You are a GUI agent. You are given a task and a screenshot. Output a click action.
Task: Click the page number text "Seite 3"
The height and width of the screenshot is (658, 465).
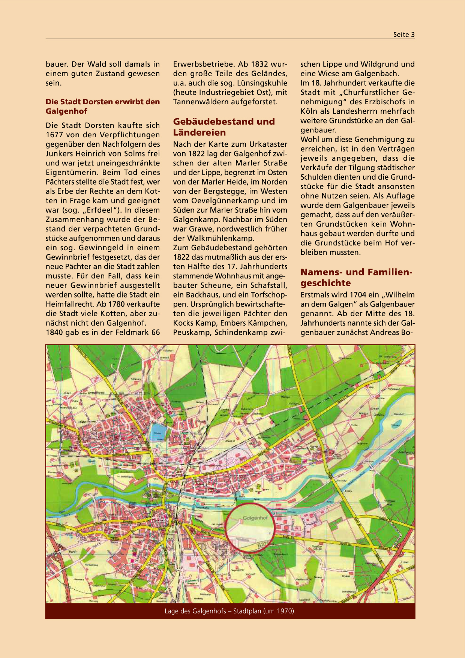(404, 35)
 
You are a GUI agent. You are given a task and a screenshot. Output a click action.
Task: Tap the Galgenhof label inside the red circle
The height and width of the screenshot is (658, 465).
(255, 518)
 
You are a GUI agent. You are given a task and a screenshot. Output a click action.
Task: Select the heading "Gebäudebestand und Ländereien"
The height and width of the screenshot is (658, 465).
(223, 127)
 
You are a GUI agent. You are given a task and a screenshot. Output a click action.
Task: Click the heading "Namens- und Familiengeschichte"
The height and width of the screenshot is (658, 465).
(356, 277)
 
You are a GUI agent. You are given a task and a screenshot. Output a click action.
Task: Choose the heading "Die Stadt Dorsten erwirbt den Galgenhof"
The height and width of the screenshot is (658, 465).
(102, 106)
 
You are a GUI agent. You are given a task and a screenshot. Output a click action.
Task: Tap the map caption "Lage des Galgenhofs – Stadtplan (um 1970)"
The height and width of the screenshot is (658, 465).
(230, 611)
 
